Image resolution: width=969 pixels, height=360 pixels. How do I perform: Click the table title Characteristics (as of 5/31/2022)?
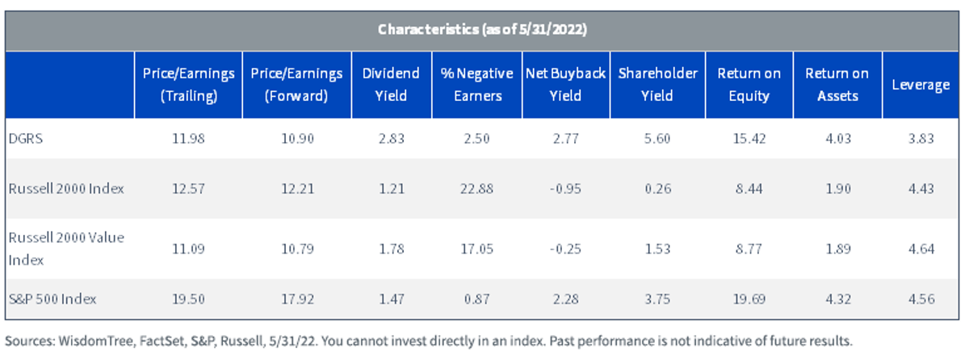(x=482, y=29)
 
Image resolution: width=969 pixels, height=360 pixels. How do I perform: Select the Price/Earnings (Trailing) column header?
(x=189, y=85)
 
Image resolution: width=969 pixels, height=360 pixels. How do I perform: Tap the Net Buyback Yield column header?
(x=565, y=85)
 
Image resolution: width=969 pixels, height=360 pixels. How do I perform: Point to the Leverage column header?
(x=921, y=85)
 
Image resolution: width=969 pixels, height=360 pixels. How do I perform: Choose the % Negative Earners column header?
(x=476, y=85)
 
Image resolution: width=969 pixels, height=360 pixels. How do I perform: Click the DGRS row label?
(x=26, y=139)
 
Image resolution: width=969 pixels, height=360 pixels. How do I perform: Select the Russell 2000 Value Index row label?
(x=66, y=249)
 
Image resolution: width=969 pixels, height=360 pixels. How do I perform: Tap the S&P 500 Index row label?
(x=52, y=299)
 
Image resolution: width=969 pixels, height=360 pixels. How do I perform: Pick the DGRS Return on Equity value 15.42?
(x=749, y=139)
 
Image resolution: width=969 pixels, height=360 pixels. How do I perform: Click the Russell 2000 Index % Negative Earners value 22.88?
(x=476, y=189)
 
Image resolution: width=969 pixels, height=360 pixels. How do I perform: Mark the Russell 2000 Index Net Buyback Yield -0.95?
(x=565, y=189)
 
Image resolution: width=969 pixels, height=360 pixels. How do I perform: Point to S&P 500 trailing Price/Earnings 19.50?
(x=189, y=299)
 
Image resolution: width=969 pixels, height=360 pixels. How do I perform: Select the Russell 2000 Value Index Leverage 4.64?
(x=921, y=249)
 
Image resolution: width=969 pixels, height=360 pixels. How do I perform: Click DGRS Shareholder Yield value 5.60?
(x=657, y=139)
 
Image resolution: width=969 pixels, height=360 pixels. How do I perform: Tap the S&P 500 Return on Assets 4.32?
(x=838, y=299)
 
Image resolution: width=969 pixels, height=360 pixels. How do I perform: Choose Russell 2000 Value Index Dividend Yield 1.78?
(x=392, y=249)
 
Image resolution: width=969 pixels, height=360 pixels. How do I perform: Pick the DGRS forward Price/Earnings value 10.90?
(x=298, y=139)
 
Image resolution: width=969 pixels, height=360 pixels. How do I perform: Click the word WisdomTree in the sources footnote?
(x=96, y=341)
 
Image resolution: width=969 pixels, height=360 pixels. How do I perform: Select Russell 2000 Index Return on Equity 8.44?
(x=749, y=189)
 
